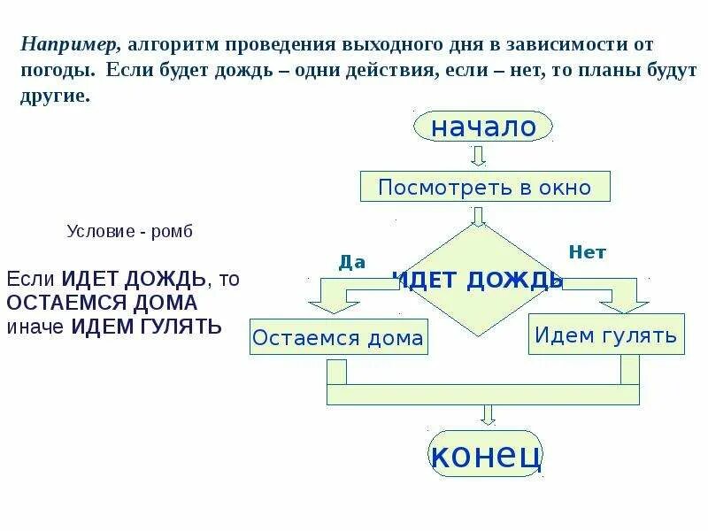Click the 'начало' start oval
point(483,127)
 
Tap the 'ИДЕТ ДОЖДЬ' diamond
point(479,280)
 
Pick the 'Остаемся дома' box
point(338,337)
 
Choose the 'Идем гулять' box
point(606,335)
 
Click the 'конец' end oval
point(485,454)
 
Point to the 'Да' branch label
point(352,261)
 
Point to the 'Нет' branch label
point(587,252)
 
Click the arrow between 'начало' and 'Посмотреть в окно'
point(479,156)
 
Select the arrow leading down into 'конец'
point(485,414)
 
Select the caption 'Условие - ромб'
point(129,232)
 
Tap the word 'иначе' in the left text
point(36,326)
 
